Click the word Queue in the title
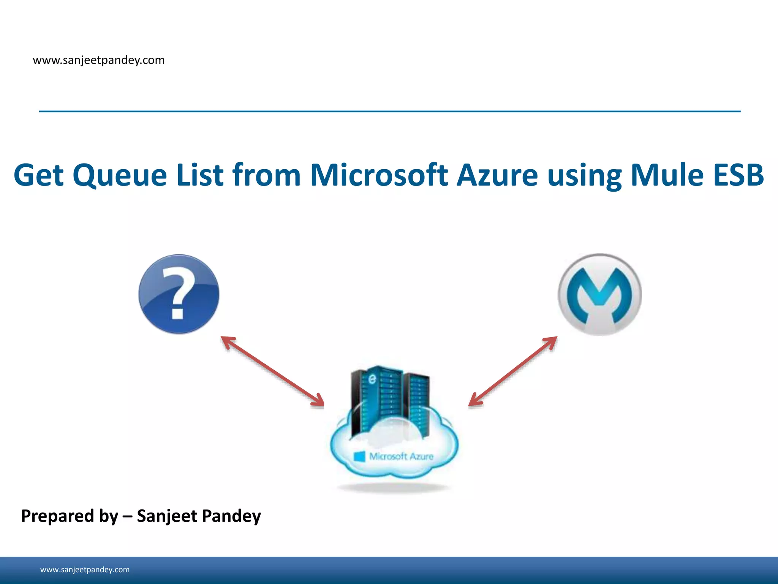coord(120,176)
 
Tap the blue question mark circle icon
coord(179,294)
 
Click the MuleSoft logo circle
coord(599,295)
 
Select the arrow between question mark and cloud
coord(272,371)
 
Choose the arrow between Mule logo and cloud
coord(513,371)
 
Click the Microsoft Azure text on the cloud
coord(401,456)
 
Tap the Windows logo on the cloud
coord(359,456)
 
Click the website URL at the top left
coord(99,60)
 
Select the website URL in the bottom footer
coord(85,570)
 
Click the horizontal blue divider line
coord(390,111)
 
